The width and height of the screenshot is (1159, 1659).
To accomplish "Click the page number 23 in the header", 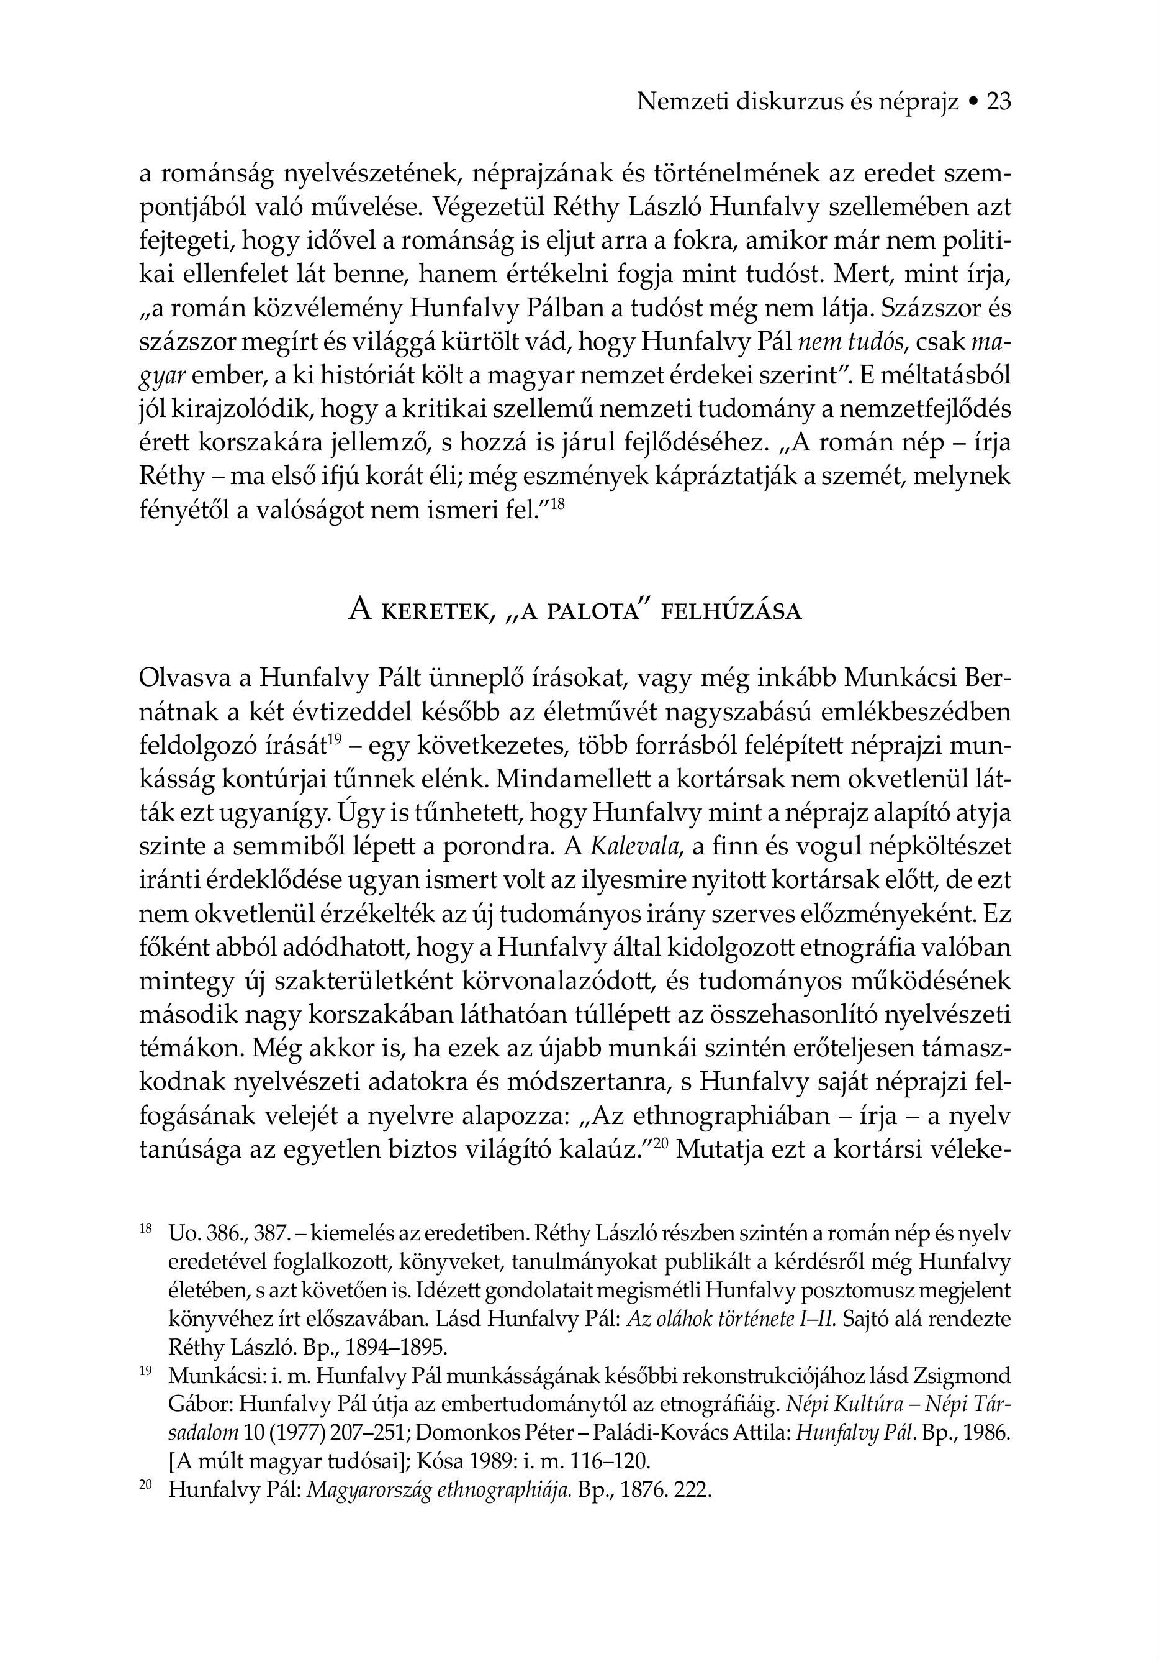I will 999,102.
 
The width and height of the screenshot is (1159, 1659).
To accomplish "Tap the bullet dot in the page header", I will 973,103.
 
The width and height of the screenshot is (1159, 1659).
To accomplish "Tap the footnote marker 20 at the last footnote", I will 145,1485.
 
